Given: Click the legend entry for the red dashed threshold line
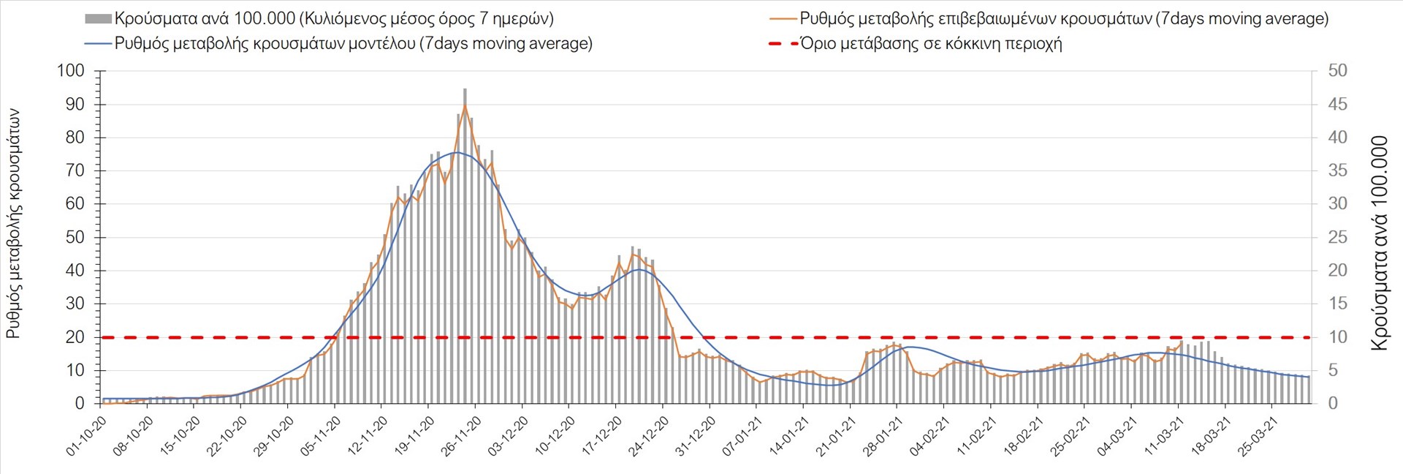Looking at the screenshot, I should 930,44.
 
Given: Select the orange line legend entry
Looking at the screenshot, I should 1064,19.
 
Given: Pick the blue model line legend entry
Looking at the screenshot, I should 353,44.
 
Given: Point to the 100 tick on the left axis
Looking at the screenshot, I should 71,71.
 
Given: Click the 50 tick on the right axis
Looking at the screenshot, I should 1337,71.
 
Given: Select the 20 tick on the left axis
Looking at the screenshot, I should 75,337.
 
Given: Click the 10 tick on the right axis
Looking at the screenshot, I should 1337,337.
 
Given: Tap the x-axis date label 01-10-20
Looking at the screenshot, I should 87,437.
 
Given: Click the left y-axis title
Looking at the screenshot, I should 13,223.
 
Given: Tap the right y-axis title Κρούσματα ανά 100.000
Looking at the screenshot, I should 1380,243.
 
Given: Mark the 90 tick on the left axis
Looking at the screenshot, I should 75,105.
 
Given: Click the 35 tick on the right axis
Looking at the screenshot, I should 1337,170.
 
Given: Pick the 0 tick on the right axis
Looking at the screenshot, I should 1333,404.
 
